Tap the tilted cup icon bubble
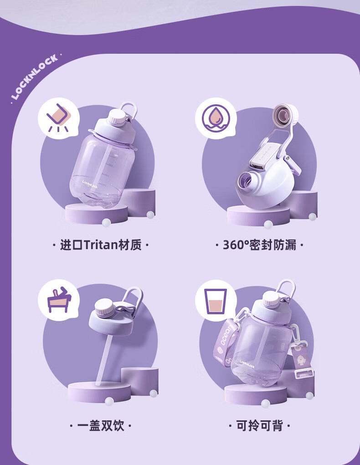[x=58, y=118]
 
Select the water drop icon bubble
[x=216, y=118]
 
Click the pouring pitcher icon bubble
[x=59, y=301]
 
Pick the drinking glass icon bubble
[x=216, y=301]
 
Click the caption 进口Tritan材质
[x=101, y=245]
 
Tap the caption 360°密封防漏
[x=260, y=245]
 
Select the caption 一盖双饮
[x=101, y=426]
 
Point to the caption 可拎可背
[x=260, y=426]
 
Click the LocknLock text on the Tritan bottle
[x=90, y=184]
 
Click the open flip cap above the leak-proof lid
[x=285, y=115]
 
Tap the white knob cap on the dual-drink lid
[x=104, y=307]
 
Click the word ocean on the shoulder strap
[x=228, y=334]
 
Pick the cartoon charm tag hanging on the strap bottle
[x=300, y=359]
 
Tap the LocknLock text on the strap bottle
[x=247, y=364]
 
